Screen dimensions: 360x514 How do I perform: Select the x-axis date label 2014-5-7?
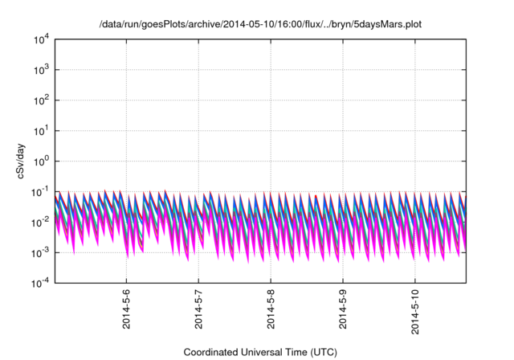point(198,309)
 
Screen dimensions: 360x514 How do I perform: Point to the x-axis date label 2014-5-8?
point(271,309)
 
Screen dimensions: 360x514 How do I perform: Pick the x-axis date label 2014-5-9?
point(343,309)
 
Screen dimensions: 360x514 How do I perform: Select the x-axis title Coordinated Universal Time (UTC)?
point(260,352)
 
